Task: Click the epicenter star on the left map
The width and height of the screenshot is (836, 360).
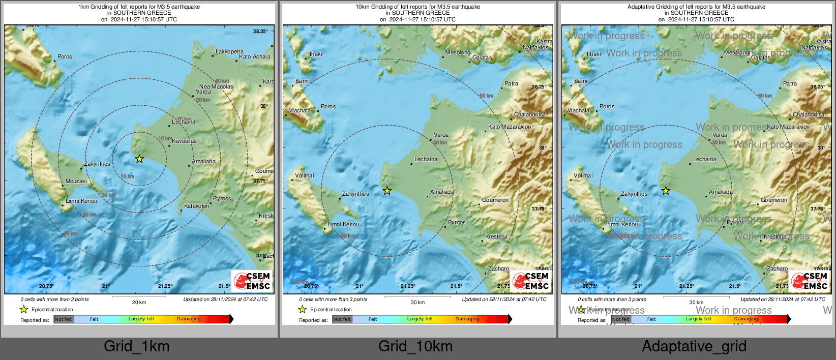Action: (x=139, y=159)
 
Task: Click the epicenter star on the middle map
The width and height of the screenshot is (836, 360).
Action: (x=387, y=191)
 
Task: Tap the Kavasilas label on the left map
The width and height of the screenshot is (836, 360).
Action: (x=184, y=141)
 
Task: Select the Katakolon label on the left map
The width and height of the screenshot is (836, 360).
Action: (x=196, y=206)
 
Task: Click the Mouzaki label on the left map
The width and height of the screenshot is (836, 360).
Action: (x=76, y=181)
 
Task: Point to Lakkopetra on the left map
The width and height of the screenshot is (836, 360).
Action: (x=229, y=51)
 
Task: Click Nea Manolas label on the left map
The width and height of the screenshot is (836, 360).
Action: (x=216, y=86)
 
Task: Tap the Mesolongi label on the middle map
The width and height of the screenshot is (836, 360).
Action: (x=459, y=52)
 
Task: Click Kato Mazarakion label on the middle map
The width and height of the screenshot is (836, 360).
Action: (x=510, y=127)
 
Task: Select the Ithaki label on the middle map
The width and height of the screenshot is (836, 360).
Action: (x=315, y=54)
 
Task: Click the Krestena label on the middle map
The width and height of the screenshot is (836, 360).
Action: (x=496, y=236)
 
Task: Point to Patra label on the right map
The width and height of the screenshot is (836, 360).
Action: (x=790, y=83)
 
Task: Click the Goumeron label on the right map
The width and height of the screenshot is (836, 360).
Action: (x=774, y=200)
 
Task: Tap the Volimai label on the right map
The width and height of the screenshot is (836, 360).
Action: (x=583, y=175)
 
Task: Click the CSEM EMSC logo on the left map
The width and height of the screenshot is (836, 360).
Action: (x=252, y=281)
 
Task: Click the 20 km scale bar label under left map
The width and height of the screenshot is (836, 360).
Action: (x=139, y=302)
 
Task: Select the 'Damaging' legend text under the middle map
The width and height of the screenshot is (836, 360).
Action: (x=467, y=319)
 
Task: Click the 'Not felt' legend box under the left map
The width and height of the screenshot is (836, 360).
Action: (x=64, y=319)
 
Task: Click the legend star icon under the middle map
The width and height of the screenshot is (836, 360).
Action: (x=303, y=309)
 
